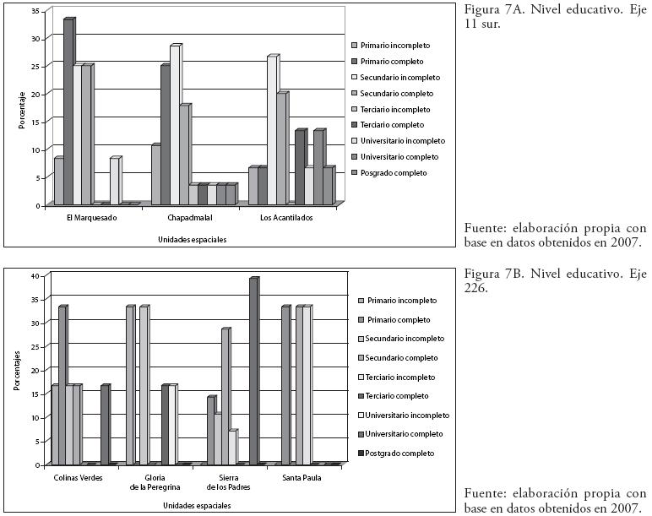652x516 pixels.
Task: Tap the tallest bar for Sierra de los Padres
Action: pos(253,371)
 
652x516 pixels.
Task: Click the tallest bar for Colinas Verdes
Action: pos(62,385)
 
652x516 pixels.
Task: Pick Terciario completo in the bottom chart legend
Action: pos(401,395)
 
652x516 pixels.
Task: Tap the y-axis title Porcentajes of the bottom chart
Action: pos(17,372)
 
